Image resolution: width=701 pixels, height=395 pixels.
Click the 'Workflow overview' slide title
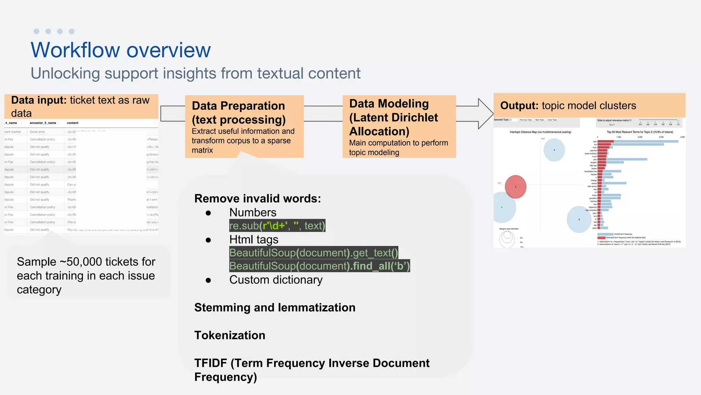coord(120,50)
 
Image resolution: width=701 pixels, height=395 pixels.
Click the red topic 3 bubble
coord(515,187)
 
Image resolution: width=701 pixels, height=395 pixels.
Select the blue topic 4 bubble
coord(554,150)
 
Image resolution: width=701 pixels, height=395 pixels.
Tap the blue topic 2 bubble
coord(579,219)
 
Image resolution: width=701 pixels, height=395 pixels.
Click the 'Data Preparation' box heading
coord(238,106)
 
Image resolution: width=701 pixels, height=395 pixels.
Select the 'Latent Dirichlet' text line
coord(393,118)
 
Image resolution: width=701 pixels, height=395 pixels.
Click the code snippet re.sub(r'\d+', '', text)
coord(277,226)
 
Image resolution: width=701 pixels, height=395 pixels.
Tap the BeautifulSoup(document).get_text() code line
coord(314,253)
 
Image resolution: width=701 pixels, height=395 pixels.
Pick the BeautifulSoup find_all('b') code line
coord(319,266)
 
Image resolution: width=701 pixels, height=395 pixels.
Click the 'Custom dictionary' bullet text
coord(276,280)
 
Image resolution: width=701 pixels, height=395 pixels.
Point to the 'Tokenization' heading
coord(230,335)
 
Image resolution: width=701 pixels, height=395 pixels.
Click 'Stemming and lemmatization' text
coord(275,308)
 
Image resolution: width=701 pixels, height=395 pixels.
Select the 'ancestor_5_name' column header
coord(43,123)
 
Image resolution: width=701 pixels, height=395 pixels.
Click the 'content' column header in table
coord(73,123)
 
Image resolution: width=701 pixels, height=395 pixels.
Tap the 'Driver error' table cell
coord(37,132)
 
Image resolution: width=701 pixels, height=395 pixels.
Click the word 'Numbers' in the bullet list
coord(253,213)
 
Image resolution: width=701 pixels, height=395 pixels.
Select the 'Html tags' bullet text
coord(254,239)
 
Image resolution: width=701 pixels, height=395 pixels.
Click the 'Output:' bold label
coord(519,106)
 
